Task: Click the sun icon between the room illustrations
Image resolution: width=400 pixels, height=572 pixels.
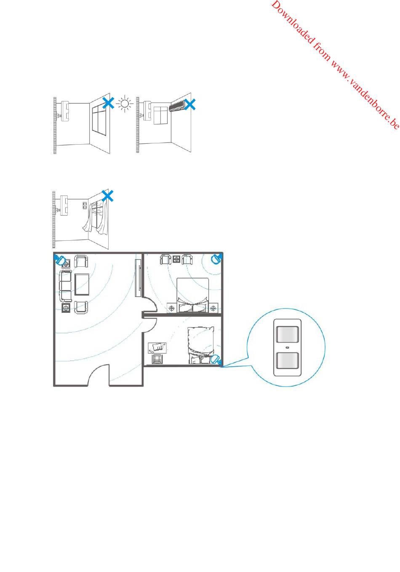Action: [x=125, y=104]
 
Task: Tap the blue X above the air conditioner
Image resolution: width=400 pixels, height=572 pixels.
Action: [x=190, y=105]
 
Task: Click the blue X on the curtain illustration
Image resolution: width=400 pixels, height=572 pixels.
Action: [x=107, y=196]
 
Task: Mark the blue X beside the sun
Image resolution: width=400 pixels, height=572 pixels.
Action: [x=108, y=103]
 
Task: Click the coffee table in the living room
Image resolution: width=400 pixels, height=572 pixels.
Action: [x=82, y=284]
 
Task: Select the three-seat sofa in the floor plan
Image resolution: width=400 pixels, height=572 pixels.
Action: [x=65, y=286]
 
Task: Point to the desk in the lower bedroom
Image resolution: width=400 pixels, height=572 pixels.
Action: [x=157, y=348]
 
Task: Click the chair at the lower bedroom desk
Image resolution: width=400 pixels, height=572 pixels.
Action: [x=156, y=359]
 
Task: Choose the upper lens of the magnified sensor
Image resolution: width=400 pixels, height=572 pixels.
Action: [x=287, y=334]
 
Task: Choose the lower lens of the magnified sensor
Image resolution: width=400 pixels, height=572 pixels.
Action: [x=287, y=360]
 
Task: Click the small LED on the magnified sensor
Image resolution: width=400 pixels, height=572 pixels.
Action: [x=288, y=347]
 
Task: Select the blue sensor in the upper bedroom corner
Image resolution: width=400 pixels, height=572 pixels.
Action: [x=216, y=259]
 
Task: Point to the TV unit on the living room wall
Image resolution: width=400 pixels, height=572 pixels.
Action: [x=138, y=278]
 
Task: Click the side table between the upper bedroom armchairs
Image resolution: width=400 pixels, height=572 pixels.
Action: [x=176, y=259]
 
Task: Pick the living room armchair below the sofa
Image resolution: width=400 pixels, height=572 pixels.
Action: [x=81, y=307]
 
